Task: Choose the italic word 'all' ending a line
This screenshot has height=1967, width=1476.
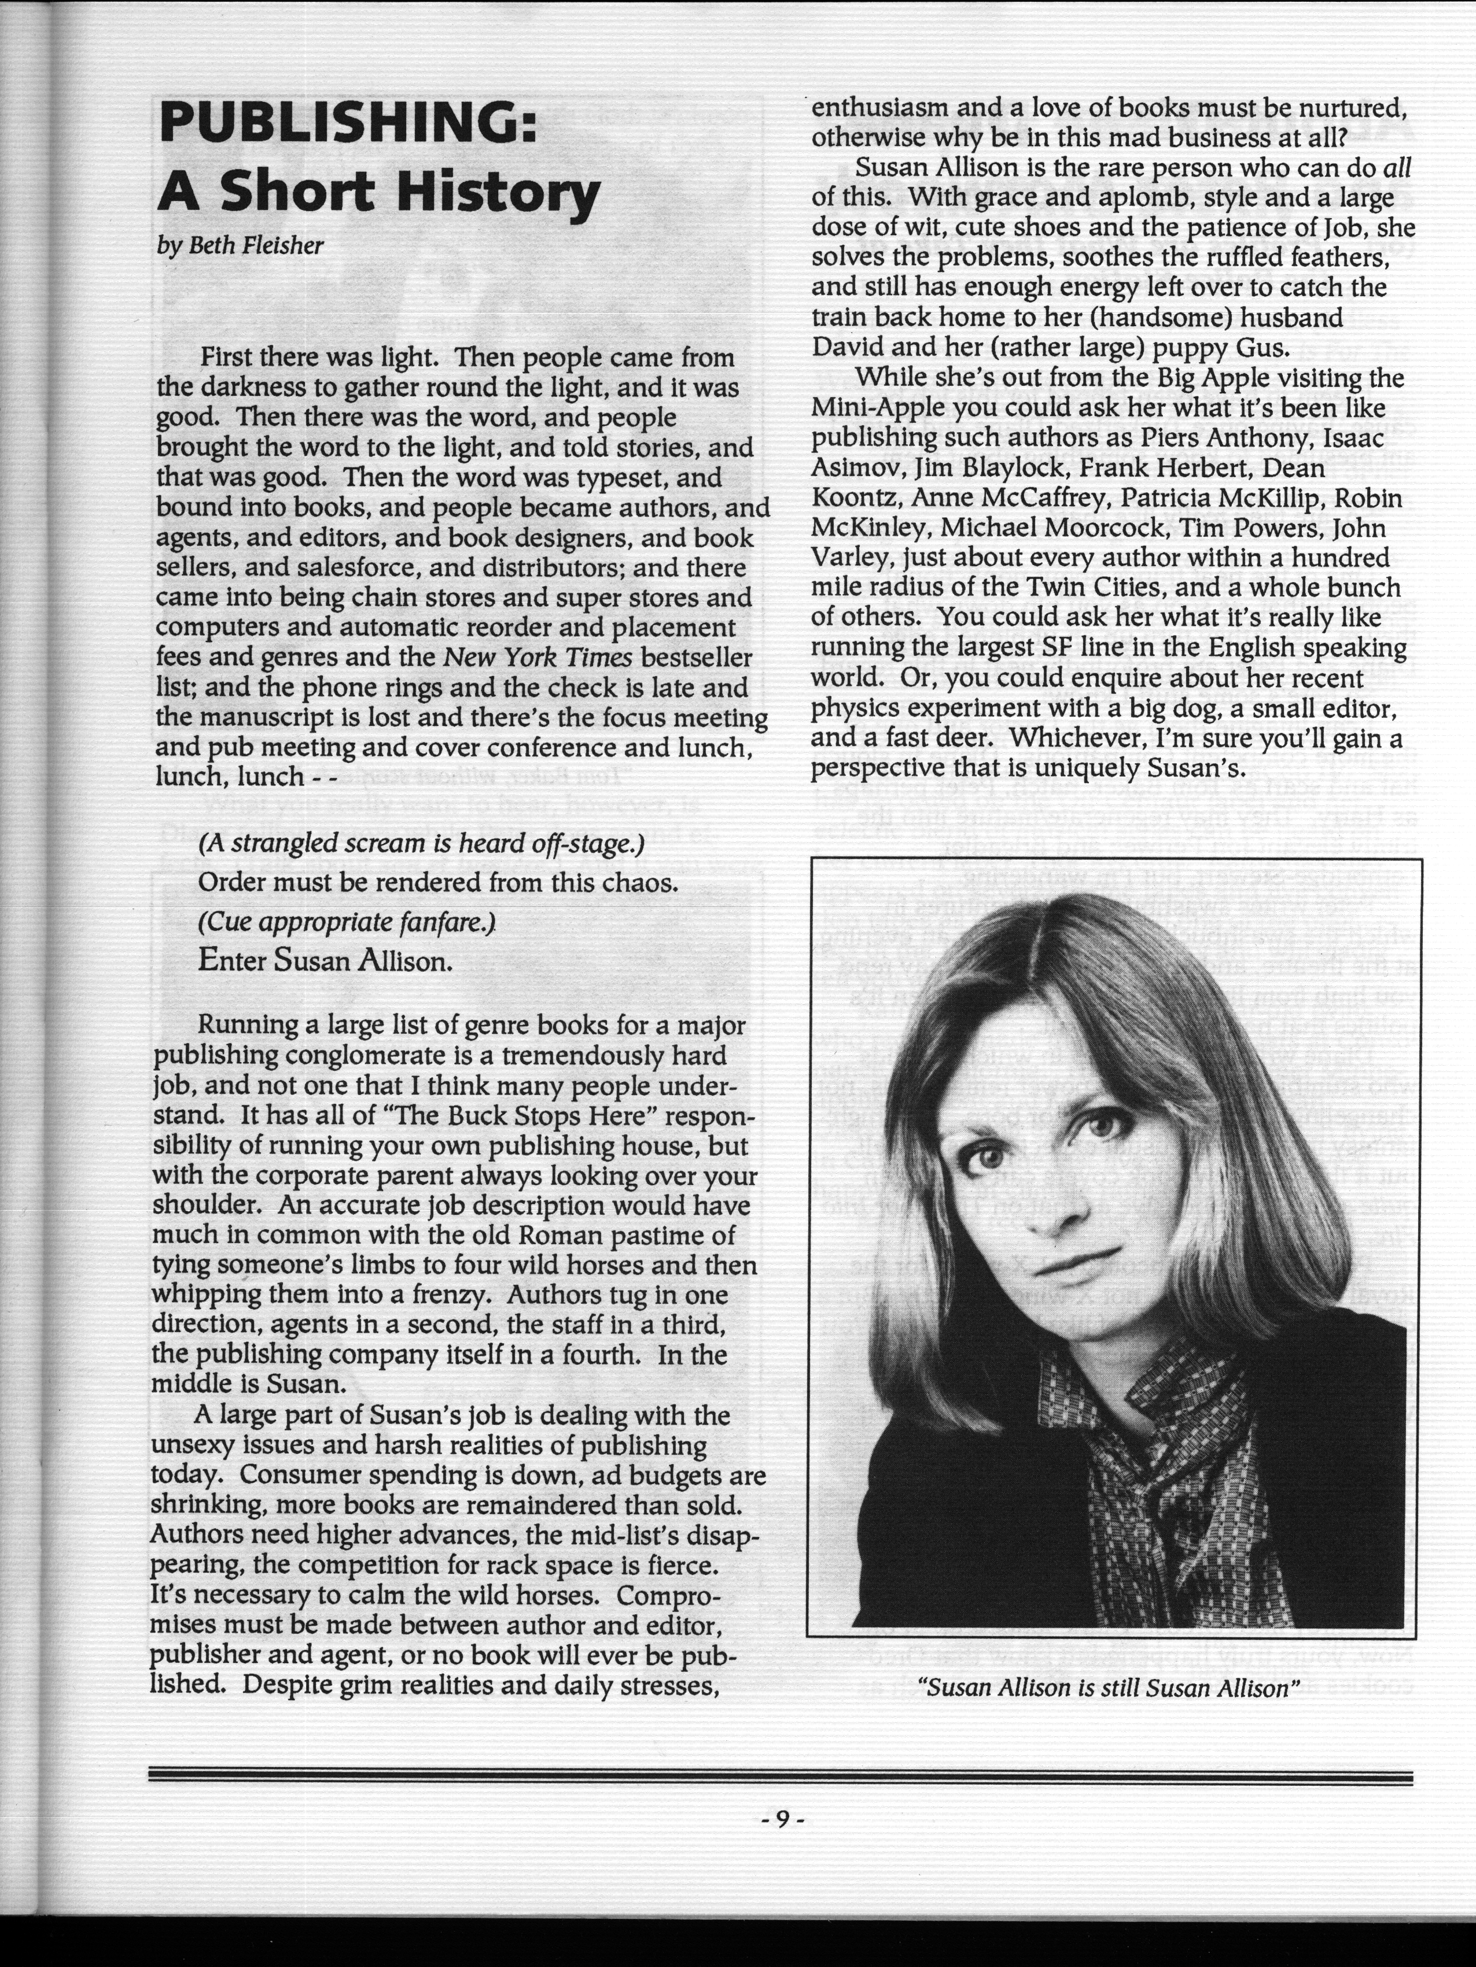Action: [1397, 168]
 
